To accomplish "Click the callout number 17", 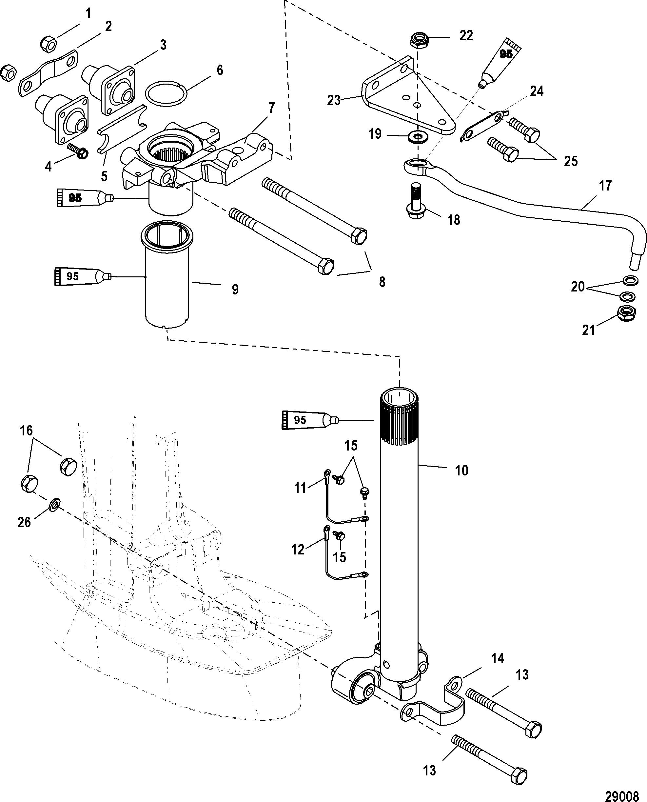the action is (605, 185).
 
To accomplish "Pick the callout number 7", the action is (271, 108).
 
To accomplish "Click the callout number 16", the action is (27, 431).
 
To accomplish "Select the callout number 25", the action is (570, 161).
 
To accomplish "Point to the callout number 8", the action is (382, 282).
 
